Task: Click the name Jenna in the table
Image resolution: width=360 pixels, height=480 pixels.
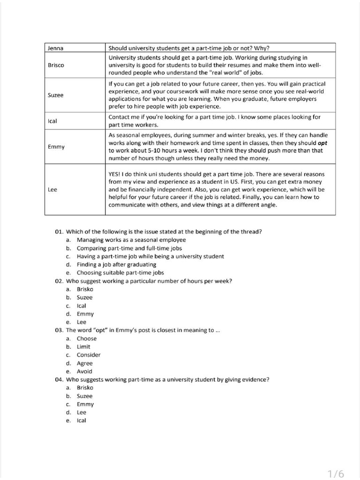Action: pos(55,48)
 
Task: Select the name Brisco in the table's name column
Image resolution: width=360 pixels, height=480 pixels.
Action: pos(56,65)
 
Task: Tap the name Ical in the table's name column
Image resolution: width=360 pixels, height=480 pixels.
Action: pos(52,121)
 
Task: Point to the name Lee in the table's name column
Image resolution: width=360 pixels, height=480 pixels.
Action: pos(52,190)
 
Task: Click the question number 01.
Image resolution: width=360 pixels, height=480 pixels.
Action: pos(59,232)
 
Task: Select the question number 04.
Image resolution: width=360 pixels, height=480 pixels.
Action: pos(59,379)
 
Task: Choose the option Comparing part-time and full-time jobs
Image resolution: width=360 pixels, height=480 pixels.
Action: pos(129,248)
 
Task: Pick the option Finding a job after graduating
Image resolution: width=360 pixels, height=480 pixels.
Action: pos(116,264)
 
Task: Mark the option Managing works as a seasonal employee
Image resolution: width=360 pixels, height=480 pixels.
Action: pos(125,240)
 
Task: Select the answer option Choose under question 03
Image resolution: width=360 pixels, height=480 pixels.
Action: pos(87,338)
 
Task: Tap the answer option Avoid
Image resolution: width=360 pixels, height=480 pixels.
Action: pos(84,371)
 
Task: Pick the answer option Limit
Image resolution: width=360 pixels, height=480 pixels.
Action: pos(83,346)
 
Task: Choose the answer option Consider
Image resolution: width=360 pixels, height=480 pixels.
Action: pos(89,355)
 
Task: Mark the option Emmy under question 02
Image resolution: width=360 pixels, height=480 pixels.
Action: pos(85,314)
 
